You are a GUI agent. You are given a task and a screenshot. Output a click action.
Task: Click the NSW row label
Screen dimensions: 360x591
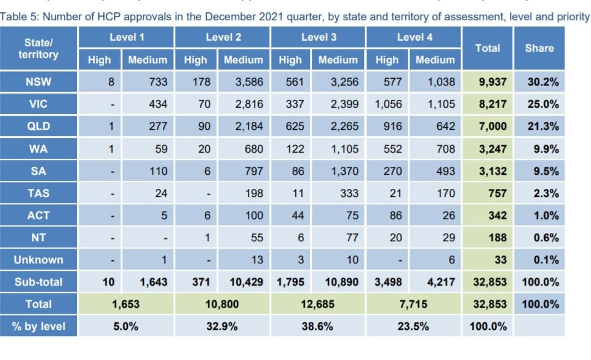39,82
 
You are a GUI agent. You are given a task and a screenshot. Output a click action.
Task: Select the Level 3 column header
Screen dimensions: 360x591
318,38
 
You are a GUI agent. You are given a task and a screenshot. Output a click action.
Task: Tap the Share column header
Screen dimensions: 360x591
539,48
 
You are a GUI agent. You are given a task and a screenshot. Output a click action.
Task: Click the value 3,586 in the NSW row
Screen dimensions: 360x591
249,82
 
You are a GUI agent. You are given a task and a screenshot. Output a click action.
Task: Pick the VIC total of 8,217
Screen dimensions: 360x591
493,105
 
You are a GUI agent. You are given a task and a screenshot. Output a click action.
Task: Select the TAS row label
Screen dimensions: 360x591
39,193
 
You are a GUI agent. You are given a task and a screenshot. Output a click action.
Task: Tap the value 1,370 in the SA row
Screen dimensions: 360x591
344,171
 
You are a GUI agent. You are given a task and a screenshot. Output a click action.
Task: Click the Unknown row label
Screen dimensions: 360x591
39,260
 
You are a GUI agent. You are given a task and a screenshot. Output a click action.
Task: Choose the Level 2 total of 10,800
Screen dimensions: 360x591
223,304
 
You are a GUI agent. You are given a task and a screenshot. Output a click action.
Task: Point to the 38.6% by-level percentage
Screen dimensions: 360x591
318,327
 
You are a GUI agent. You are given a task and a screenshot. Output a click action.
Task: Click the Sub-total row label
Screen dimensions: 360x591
39,282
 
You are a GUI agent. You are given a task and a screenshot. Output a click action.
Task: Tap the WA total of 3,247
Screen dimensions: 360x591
493,149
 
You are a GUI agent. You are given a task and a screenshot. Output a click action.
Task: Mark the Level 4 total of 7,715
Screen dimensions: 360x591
414,304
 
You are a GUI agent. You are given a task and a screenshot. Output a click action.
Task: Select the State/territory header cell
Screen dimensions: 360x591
39,49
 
